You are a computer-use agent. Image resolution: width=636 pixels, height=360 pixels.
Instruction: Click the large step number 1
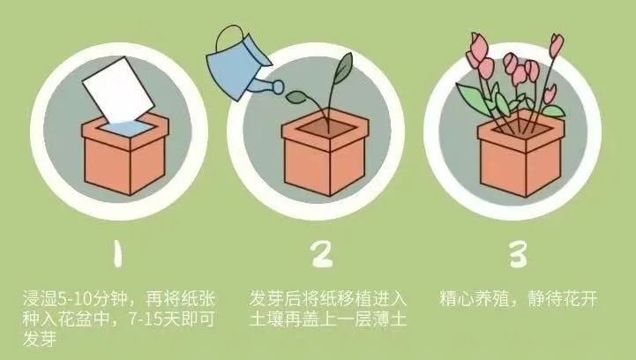[117, 253]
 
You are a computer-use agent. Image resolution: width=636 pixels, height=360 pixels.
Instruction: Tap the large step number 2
[323, 253]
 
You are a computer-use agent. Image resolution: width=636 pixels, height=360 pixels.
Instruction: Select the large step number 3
[519, 253]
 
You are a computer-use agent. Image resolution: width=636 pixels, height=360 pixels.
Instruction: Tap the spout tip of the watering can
[279, 86]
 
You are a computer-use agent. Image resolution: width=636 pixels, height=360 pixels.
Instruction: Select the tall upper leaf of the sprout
[343, 68]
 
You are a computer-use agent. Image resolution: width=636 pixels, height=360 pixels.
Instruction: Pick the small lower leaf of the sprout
[298, 96]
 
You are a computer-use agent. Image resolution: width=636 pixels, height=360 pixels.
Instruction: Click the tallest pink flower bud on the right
[557, 45]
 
